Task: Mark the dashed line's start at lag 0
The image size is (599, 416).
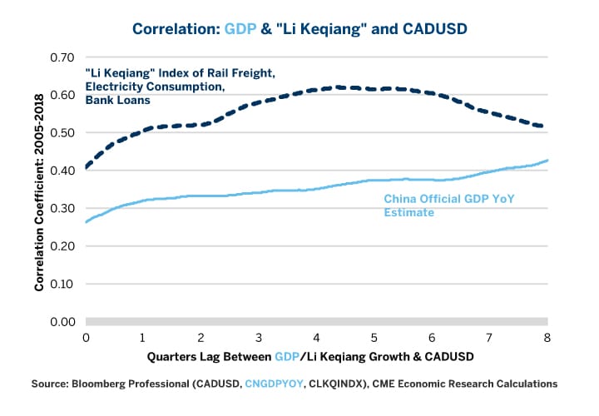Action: tap(87, 167)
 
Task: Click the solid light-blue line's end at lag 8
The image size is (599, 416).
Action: tap(547, 161)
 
